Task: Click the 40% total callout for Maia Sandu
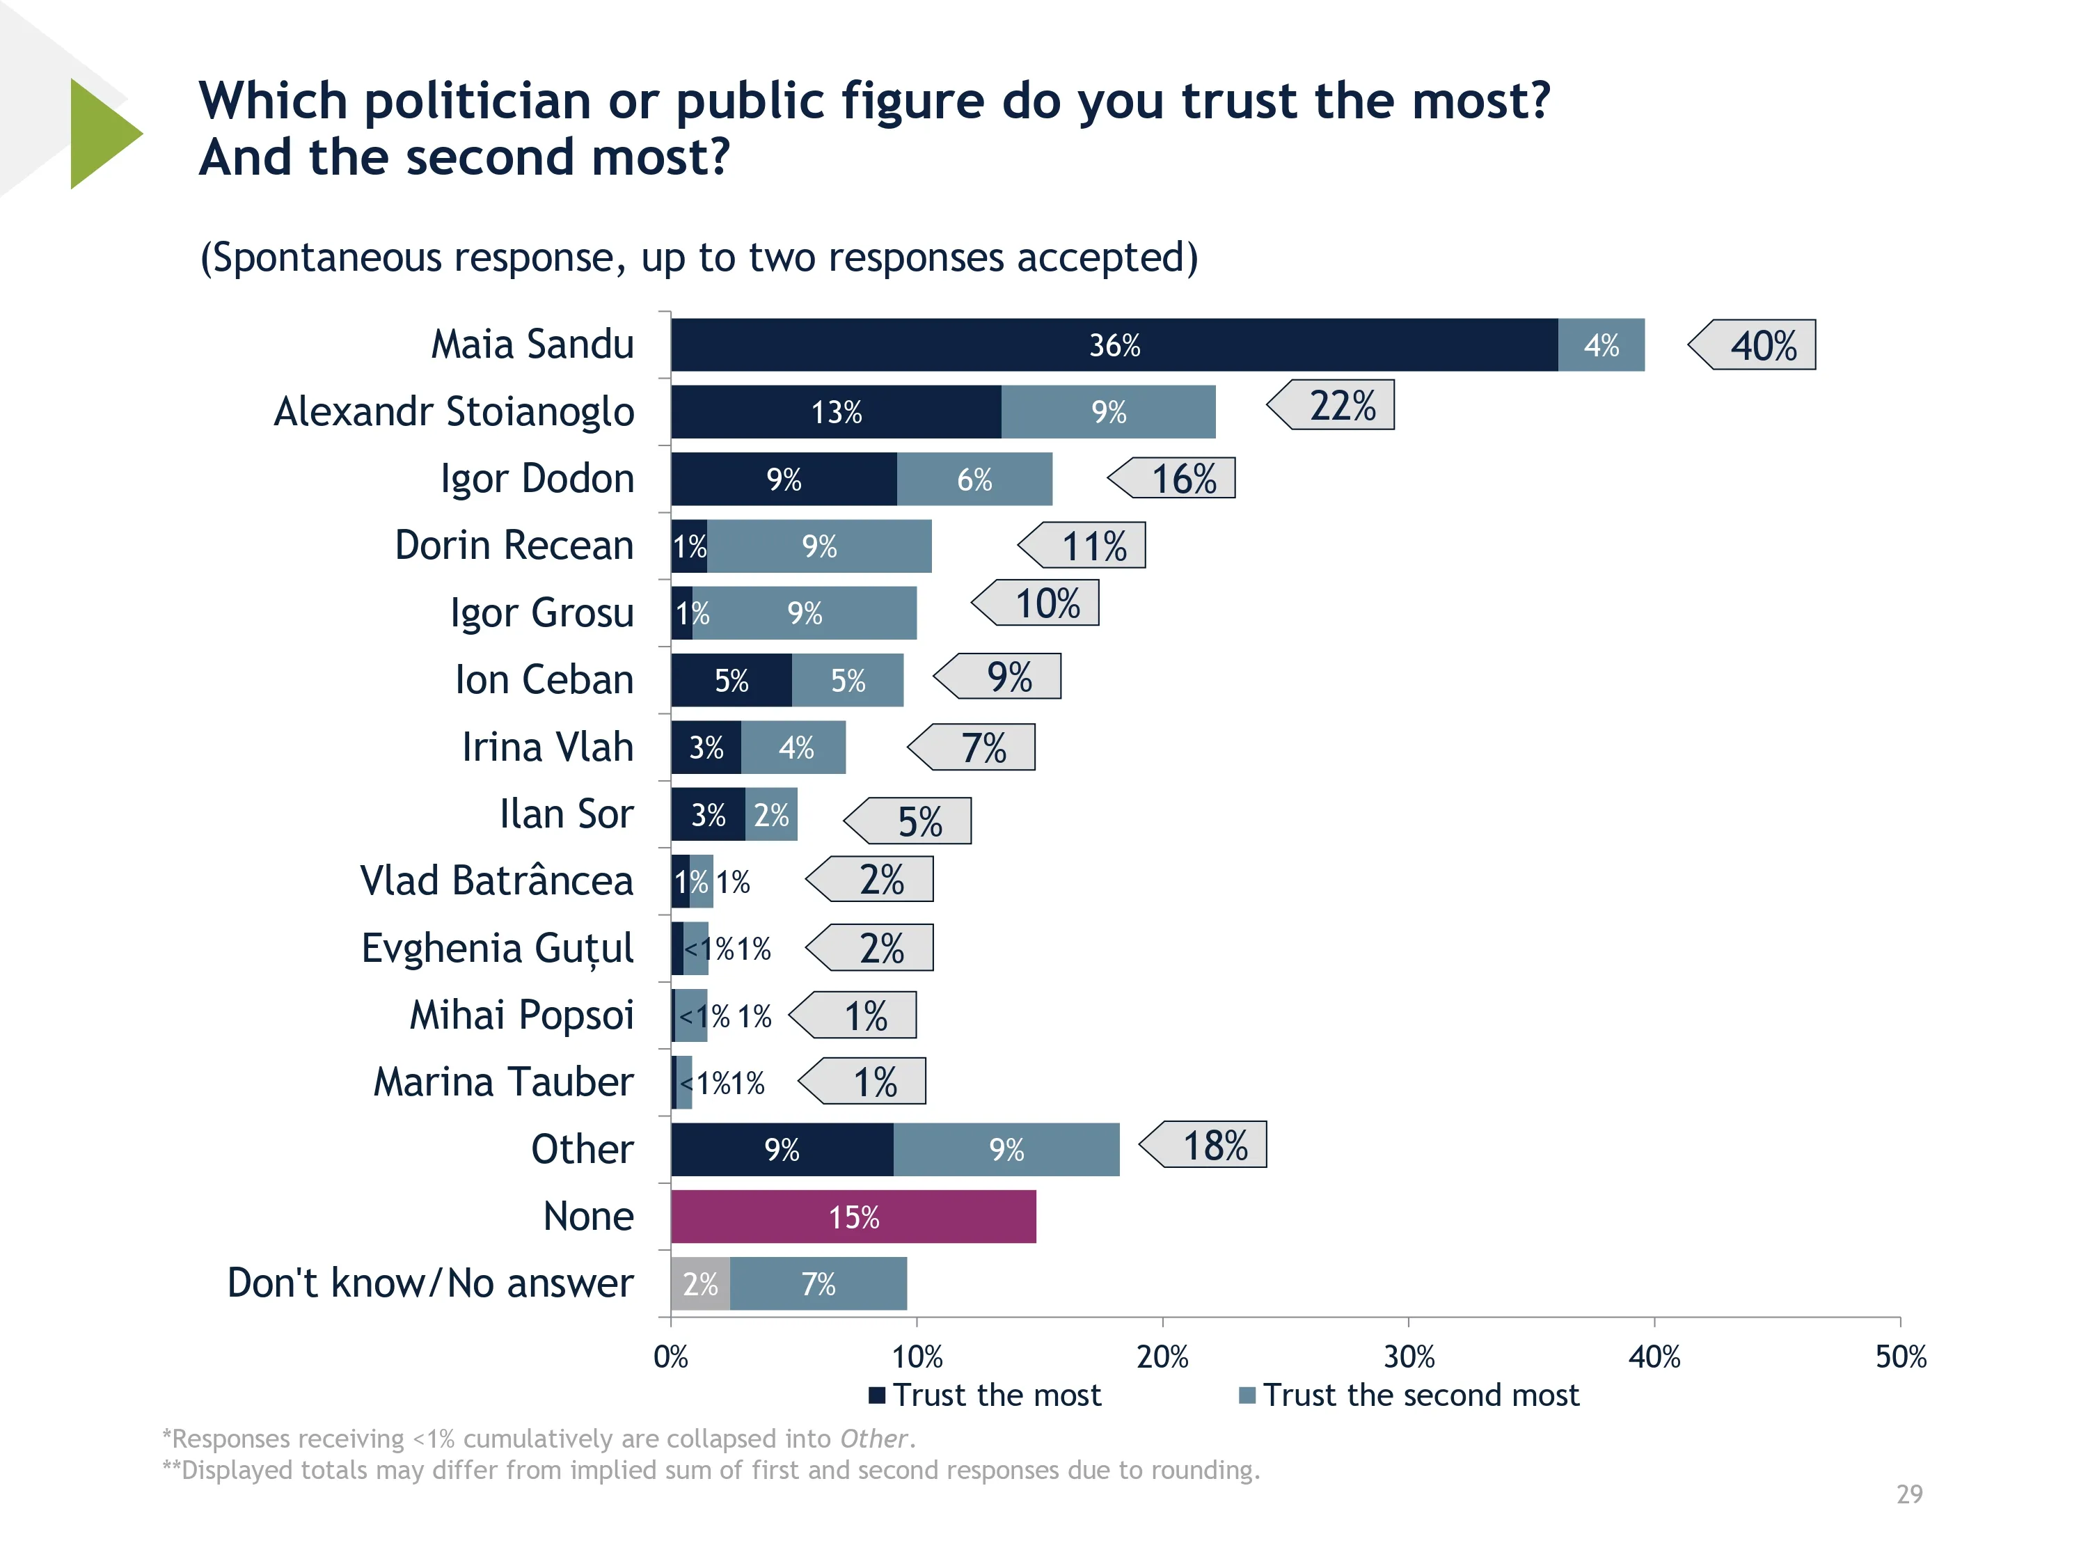[1762, 345]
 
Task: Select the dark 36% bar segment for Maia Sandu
[1114, 345]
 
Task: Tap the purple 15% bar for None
[853, 1217]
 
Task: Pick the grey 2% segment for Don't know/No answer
[700, 1283]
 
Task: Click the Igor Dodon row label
[537, 479]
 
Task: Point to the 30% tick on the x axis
[1409, 1357]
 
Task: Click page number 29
[1908, 1494]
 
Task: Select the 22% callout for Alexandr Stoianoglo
[1340, 406]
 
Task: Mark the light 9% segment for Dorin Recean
[819, 546]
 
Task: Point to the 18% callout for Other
[1214, 1146]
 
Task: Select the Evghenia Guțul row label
[498, 949]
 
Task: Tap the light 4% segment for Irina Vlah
[795, 748]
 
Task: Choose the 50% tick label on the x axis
[1900, 1357]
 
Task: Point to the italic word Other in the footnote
[873, 1439]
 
